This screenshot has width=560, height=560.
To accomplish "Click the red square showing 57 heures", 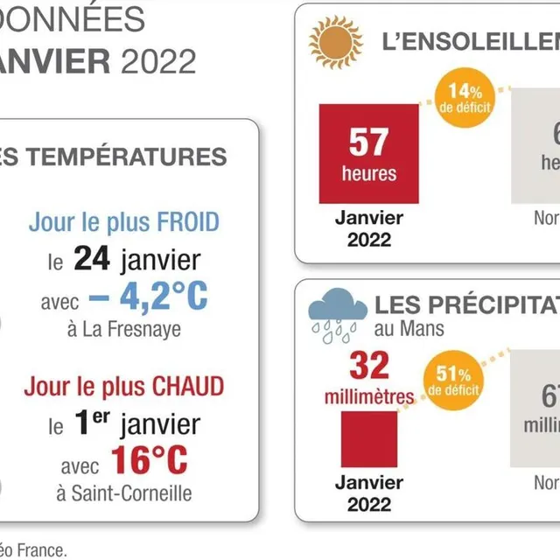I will (368, 153).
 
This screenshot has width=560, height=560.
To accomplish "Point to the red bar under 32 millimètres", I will (368, 438).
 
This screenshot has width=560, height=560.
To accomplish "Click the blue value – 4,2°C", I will (148, 297).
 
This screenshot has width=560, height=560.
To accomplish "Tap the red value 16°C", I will (149, 460).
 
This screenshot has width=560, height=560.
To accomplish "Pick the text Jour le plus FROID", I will (123, 221).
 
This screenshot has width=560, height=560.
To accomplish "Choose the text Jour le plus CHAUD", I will (123, 386).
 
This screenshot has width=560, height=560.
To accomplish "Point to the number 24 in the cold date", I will (91, 259).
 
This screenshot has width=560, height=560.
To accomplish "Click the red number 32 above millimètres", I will (368, 366).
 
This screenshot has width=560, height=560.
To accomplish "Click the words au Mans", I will (409, 329).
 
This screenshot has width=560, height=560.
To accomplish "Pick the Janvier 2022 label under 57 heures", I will (368, 227).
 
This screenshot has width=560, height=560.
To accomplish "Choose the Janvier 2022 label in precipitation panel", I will (368, 493).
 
